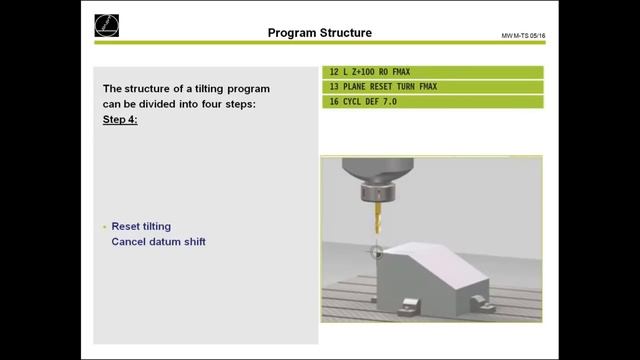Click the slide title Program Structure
319,33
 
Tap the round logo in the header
105,26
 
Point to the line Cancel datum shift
158,242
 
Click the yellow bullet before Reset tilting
104,227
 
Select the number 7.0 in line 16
398,102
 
